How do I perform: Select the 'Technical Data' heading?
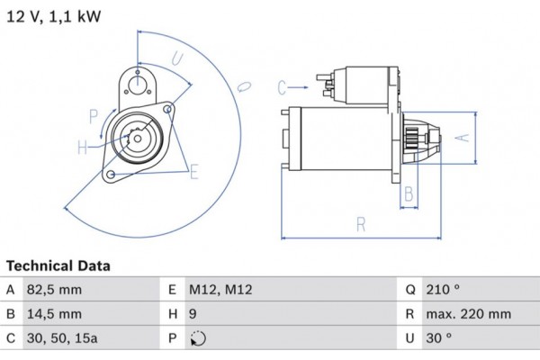[58, 266]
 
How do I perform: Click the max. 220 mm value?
[469, 314]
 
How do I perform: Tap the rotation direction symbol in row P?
[199, 339]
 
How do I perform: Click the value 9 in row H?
[193, 314]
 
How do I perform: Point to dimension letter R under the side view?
[360, 225]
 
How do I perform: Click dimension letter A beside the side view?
[460, 137]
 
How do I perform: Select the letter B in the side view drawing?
[408, 193]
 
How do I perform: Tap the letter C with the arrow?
[282, 87]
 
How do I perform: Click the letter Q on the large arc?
[244, 86]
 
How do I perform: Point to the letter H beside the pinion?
[81, 147]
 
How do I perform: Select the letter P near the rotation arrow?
[93, 114]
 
